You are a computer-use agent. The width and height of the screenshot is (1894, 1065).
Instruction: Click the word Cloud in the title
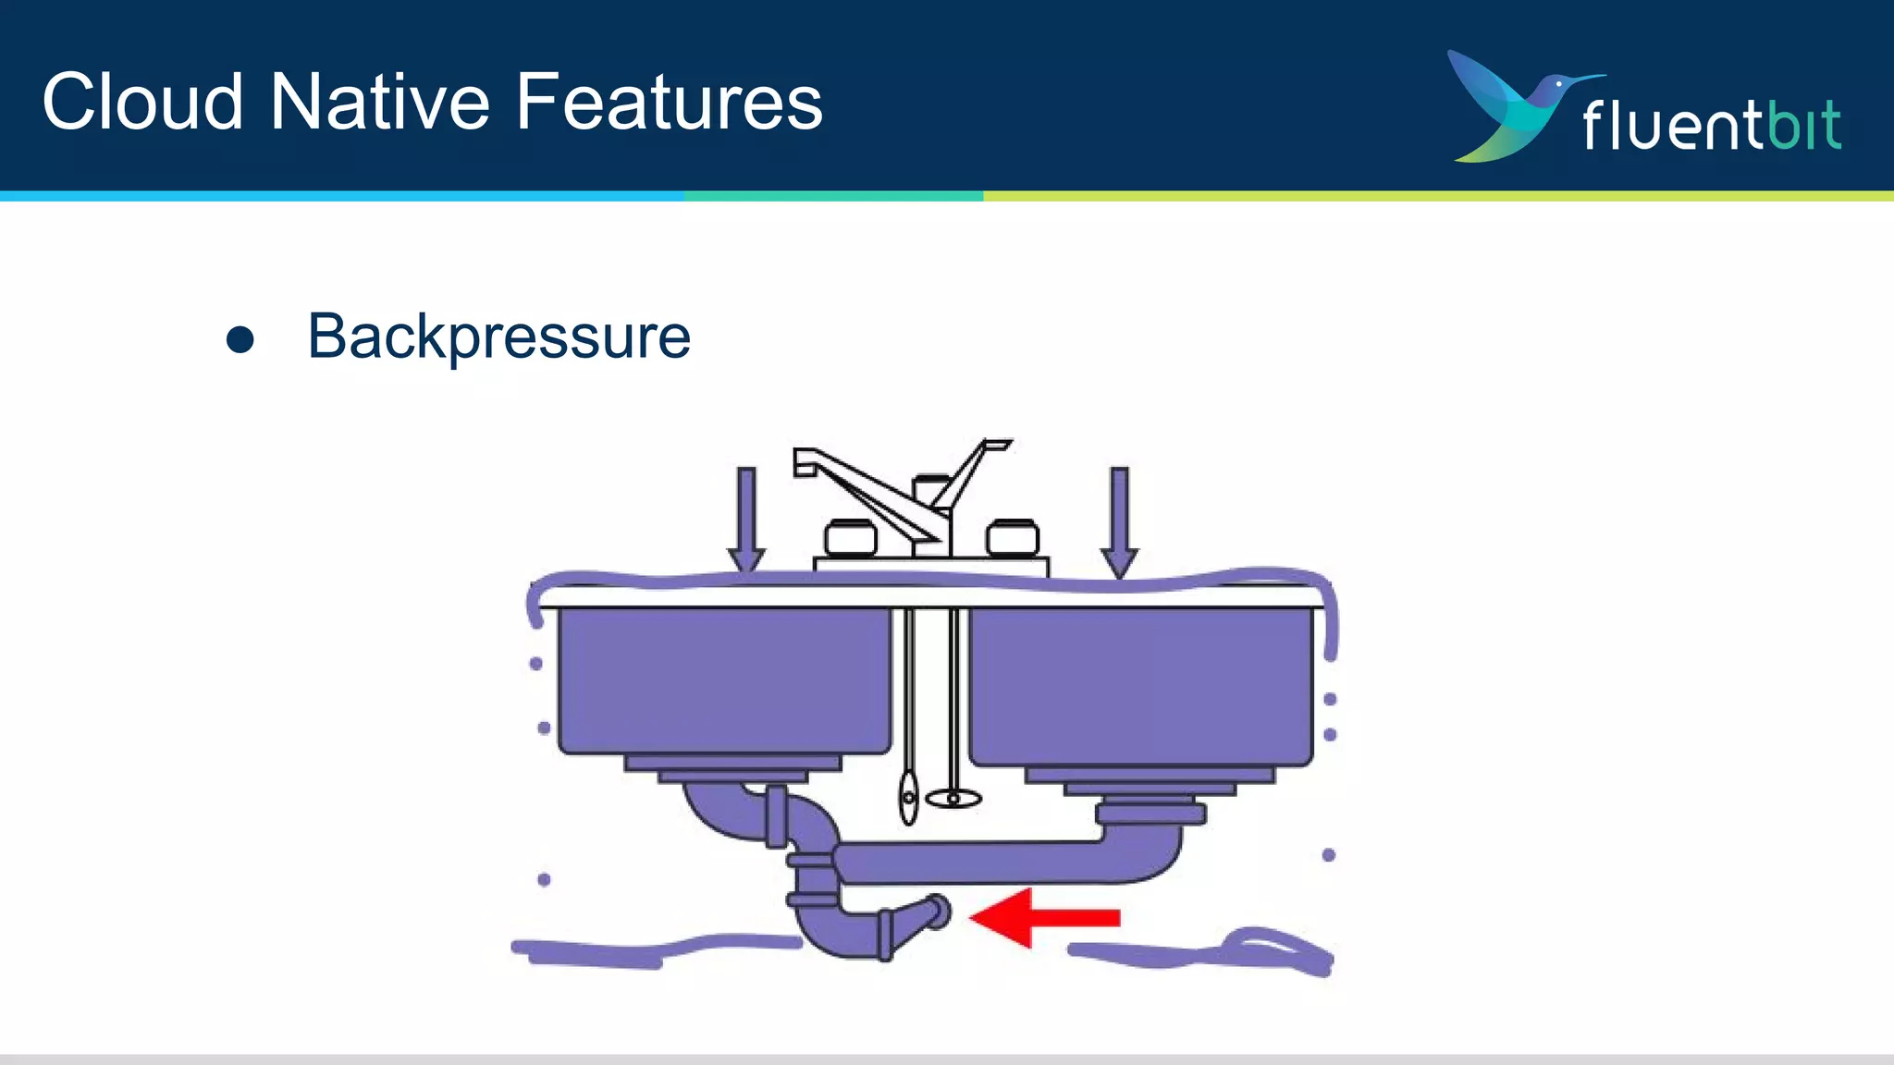pyautogui.click(x=142, y=102)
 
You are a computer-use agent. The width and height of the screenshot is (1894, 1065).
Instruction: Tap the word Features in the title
pyautogui.click(x=669, y=102)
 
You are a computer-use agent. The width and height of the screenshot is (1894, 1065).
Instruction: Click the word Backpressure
pyautogui.click(x=498, y=337)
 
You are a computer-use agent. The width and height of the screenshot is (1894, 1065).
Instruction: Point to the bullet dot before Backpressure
pyautogui.click(x=240, y=339)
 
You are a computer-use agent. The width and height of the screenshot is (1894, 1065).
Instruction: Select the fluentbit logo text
pyautogui.click(x=1711, y=125)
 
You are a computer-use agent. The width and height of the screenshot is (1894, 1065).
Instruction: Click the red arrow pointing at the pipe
pyautogui.click(x=1045, y=917)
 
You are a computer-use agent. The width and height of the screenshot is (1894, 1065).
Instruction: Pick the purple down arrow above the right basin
pyautogui.click(x=1119, y=521)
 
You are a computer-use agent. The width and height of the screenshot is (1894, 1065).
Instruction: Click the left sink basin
pyautogui.click(x=724, y=679)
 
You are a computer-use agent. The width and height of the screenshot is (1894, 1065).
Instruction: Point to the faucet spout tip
pyautogui.click(x=805, y=462)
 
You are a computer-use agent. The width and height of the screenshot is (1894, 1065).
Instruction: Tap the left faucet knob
pyautogui.click(x=850, y=538)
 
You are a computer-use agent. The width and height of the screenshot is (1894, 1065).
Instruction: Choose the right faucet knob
pyautogui.click(x=1013, y=538)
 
